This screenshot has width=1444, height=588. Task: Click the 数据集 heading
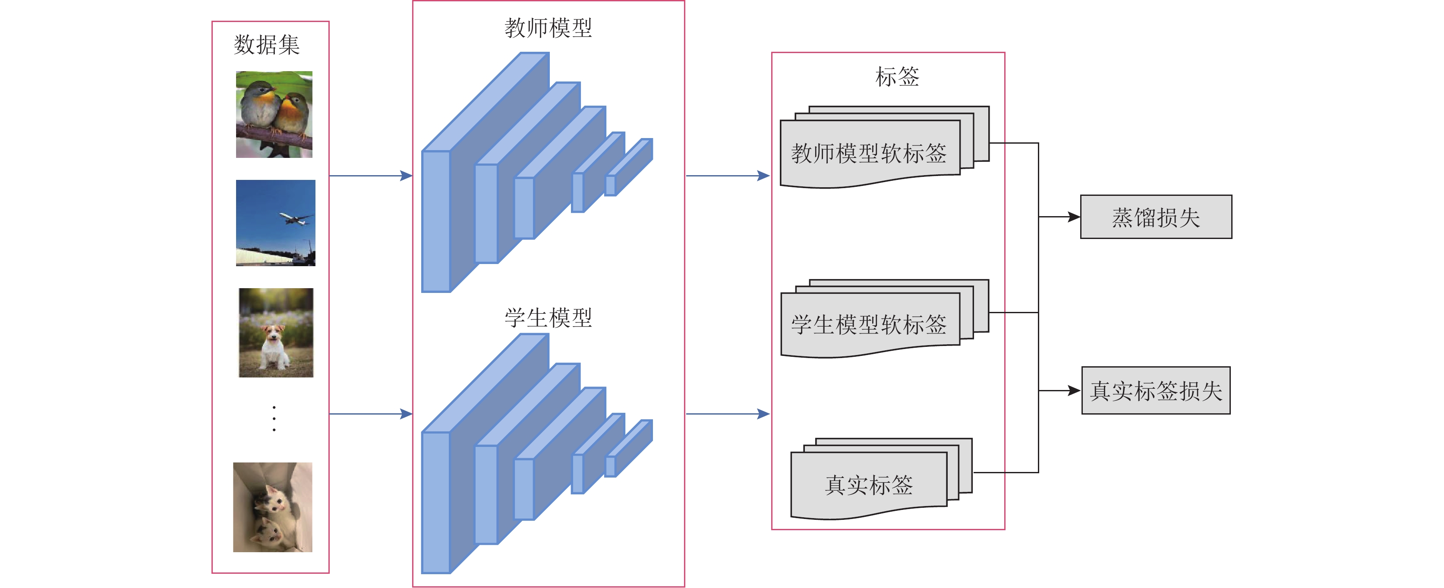267,45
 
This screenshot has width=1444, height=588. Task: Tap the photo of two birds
274,114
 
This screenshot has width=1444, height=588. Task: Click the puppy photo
276,333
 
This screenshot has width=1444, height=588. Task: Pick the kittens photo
272,507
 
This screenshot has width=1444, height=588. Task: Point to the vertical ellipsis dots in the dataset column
274,418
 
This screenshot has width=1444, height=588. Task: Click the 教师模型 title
548,28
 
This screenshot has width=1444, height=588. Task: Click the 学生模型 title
548,318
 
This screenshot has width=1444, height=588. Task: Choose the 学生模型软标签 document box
869,324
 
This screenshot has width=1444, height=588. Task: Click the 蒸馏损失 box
1156,217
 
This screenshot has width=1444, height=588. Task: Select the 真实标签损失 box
1156,391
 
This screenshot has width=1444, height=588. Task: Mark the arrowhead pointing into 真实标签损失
1074,391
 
